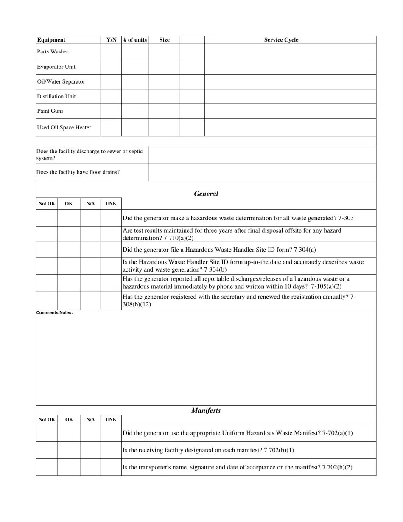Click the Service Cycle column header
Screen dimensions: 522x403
[x=281, y=40]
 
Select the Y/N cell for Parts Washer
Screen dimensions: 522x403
[x=111, y=51]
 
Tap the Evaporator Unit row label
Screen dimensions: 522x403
[x=56, y=67]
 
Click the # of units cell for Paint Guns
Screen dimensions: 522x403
[x=134, y=111]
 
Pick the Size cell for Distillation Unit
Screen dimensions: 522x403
[x=164, y=96]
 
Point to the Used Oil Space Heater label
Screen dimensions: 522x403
[x=64, y=127]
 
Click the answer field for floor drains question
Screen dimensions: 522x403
[x=262, y=172]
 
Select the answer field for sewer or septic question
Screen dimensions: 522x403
[x=262, y=154]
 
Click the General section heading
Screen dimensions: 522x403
[x=206, y=194]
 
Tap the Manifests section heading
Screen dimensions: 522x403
[x=206, y=410]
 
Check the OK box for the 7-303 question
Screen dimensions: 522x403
[x=68, y=218]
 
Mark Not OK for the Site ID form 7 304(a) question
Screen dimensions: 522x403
[x=47, y=250]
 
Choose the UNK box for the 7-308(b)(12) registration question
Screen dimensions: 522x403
[x=111, y=300]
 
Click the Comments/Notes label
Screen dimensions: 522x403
[x=54, y=313]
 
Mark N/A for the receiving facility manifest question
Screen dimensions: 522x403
[x=90, y=450]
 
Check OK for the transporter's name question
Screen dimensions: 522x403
[x=68, y=467]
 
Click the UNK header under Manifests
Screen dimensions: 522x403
[x=111, y=419]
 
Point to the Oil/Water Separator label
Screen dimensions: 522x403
[x=61, y=81]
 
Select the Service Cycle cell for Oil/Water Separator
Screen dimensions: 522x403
[x=290, y=81]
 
